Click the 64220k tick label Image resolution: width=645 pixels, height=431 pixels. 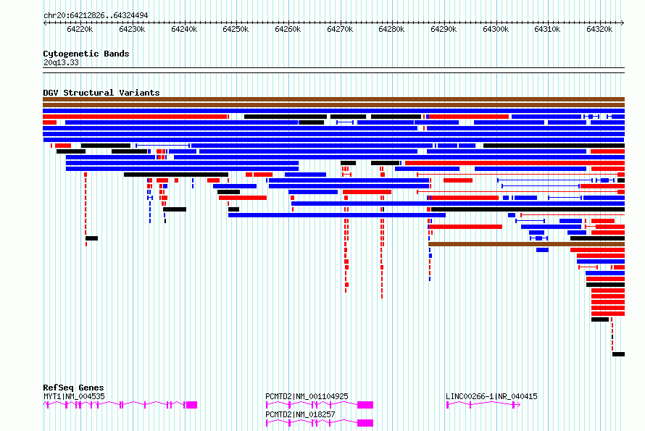[80, 29]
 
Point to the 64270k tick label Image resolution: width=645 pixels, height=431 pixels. [340, 29]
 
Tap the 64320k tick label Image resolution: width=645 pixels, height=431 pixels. [599, 29]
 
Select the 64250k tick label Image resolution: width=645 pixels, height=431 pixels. [236, 29]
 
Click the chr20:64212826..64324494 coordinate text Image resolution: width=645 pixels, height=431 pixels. [96, 16]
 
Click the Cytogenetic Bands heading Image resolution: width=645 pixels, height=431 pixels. [86, 54]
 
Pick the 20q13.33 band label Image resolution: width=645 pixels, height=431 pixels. [61, 62]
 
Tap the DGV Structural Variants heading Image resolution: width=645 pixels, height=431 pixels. [101, 93]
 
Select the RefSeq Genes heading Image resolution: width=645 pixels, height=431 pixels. [73, 388]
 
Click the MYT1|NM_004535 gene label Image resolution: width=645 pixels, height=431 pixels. [74, 396]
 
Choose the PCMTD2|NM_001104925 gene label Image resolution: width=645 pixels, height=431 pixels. [307, 396]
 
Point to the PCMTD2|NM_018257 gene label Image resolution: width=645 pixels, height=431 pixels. [300, 414]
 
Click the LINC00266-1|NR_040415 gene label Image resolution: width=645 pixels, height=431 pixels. [491, 396]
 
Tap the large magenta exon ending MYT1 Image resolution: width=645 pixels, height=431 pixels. [192, 405]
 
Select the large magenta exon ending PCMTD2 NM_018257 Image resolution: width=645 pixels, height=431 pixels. [365, 423]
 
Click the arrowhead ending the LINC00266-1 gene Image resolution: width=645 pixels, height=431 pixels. [519, 405]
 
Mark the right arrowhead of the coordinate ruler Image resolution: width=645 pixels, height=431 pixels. [623, 22]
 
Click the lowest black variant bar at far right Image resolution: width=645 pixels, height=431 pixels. [618, 354]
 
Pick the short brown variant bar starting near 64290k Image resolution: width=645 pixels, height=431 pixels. [527, 244]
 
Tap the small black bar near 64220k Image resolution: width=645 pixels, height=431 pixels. [92, 238]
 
